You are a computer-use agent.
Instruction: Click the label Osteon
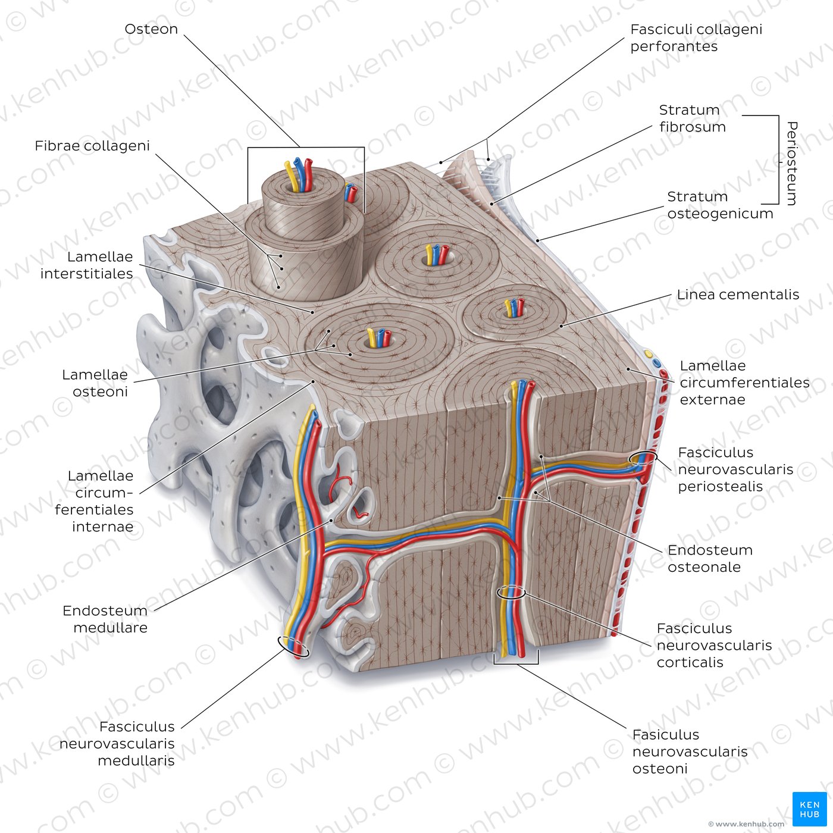pyautogui.click(x=151, y=29)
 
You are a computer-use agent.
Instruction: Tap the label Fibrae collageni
pyautogui.click(x=92, y=146)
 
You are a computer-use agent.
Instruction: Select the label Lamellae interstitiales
pyautogui.click(x=86, y=265)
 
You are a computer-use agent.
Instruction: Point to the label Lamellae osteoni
pyautogui.click(x=95, y=383)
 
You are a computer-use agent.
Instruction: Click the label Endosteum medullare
pyautogui.click(x=105, y=619)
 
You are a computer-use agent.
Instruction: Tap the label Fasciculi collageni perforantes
pyautogui.click(x=696, y=37)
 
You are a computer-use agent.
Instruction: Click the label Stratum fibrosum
pyautogui.click(x=692, y=118)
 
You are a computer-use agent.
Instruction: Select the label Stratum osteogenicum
pyautogui.click(x=720, y=205)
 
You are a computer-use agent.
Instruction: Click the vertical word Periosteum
pyautogui.click(x=791, y=164)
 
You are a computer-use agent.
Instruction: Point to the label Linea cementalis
pyautogui.click(x=738, y=295)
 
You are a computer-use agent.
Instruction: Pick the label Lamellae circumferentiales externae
pyautogui.click(x=744, y=382)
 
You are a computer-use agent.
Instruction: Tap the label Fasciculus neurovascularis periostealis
pyautogui.click(x=735, y=469)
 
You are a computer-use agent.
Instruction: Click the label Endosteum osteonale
pyautogui.click(x=710, y=558)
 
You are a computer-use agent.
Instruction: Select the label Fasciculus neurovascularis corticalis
pyautogui.click(x=714, y=645)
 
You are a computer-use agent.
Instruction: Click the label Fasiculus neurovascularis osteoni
pyautogui.click(x=690, y=751)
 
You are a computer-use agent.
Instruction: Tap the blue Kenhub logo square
pyautogui.click(x=810, y=809)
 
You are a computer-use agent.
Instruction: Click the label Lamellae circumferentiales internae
pyautogui.click(x=94, y=501)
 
